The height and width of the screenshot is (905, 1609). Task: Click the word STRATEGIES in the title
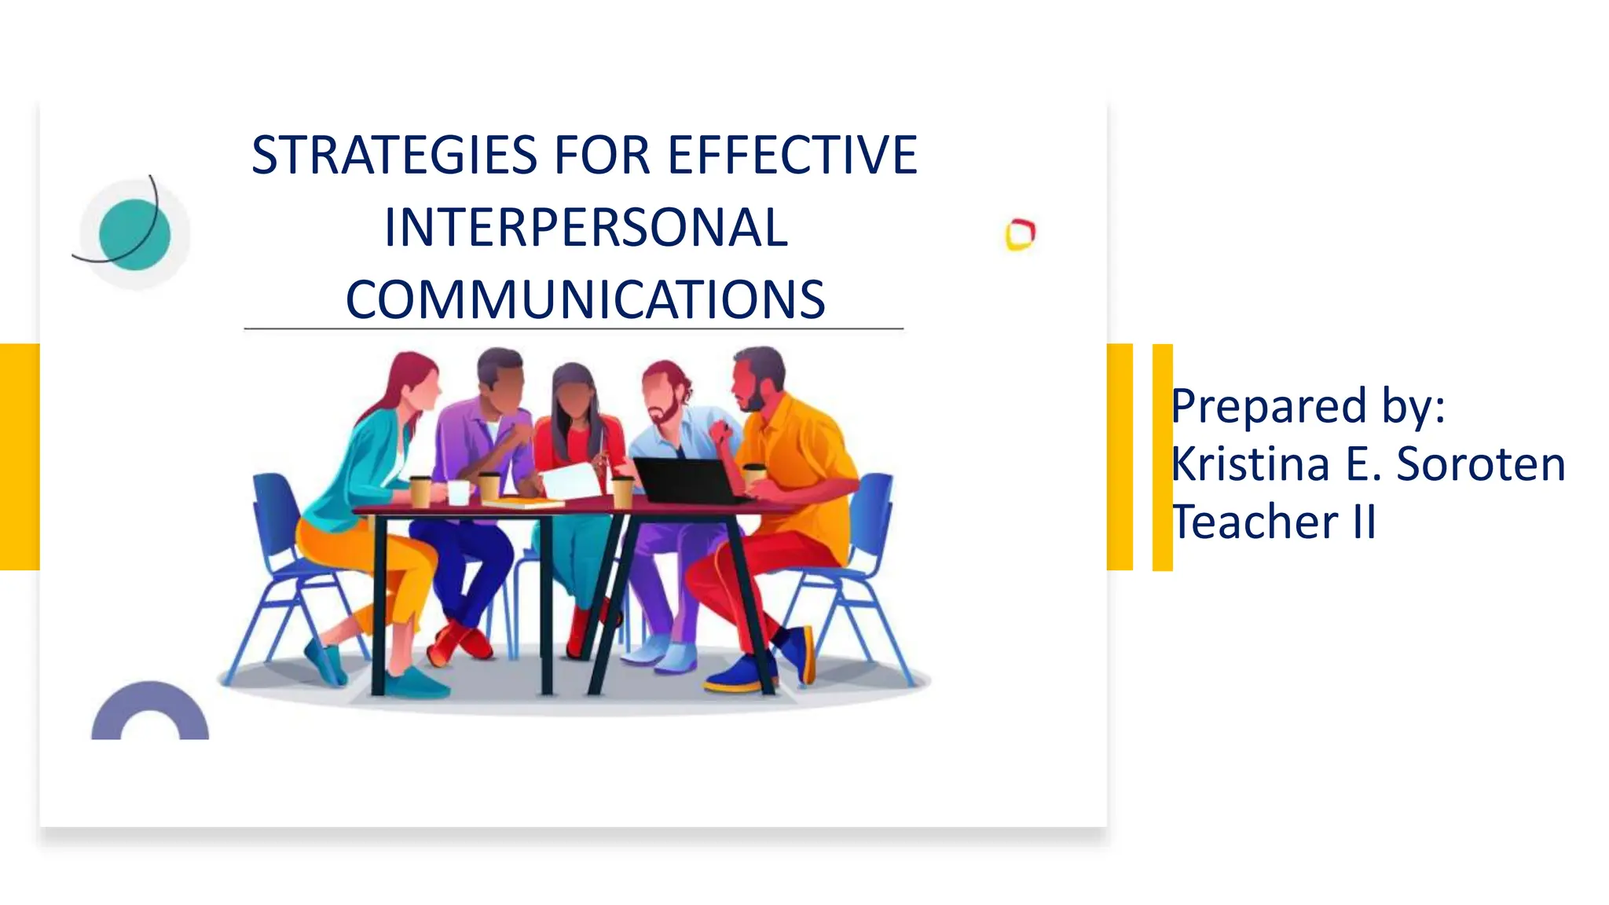click(394, 155)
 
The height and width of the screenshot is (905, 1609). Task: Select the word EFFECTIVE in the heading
click(793, 155)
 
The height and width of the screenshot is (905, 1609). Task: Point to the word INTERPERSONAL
click(586, 228)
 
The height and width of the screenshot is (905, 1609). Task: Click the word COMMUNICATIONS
click(585, 300)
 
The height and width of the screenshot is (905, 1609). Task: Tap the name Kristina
click(1250, 463)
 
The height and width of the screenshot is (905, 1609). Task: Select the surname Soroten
click(1481, 463)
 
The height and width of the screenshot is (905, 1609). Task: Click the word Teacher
click(1255, 522)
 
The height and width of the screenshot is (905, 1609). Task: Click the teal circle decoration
click(134, 234)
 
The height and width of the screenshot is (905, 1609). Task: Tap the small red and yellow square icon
click(1021, 234)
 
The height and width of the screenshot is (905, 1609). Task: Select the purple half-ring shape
click(150, 711)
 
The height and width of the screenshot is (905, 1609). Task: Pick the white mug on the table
click(458, 492)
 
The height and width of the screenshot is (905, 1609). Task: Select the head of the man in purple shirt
click(500, 377)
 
